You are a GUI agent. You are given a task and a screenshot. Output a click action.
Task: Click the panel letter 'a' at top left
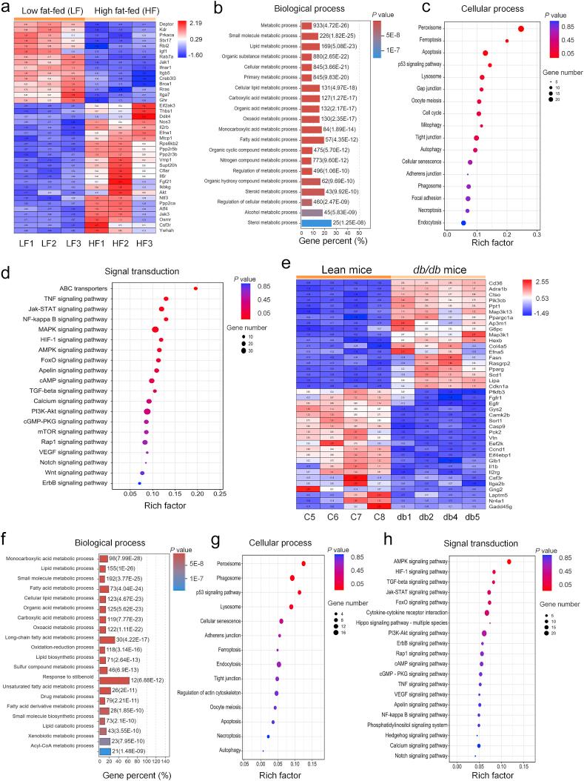click(x=6, y=9)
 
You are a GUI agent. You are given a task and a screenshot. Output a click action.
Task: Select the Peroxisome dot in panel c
click(x=521, y=29)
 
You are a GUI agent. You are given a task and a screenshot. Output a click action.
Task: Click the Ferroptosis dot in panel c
click(x=507, y=41)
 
